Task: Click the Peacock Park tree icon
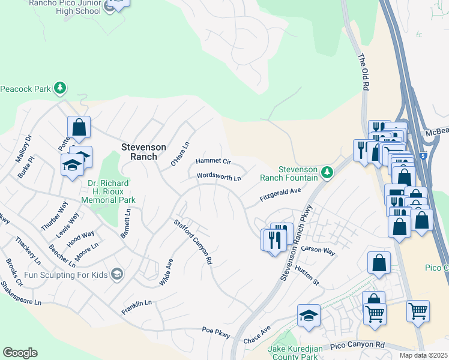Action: (x=60, y=88)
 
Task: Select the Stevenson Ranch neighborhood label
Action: (x=139, y=151)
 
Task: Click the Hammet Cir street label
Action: (x=213, y=161)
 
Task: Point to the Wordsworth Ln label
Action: (x=219, y=178)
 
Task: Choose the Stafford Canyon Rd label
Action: (x=194, y=242)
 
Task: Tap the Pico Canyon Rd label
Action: (x=357, y=345)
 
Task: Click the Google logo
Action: (x=20, y=353)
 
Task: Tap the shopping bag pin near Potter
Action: (x=79, y=127)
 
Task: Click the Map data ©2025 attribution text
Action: (x=423, y=355)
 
